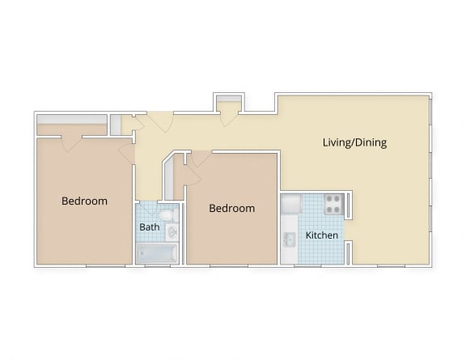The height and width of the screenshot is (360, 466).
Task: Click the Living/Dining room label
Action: (x=354, y=143)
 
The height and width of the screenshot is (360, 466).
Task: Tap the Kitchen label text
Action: (x=321, y=235)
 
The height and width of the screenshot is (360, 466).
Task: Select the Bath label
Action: (x=150, y=227)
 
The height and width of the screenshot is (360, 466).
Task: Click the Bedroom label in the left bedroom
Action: (x=84, y=201)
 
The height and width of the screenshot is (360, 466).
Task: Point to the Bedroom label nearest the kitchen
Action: (x=231, y=208)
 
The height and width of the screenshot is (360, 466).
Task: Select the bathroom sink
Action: (x=172, y=233)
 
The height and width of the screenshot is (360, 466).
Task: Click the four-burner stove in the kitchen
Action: (x=333, y=204)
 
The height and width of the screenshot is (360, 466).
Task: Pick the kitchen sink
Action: (x=289, y=240)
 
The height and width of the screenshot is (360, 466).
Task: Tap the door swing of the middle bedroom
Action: (x=197, y=159)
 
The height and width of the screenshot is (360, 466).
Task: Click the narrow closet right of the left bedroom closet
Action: (x=116, y=125)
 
